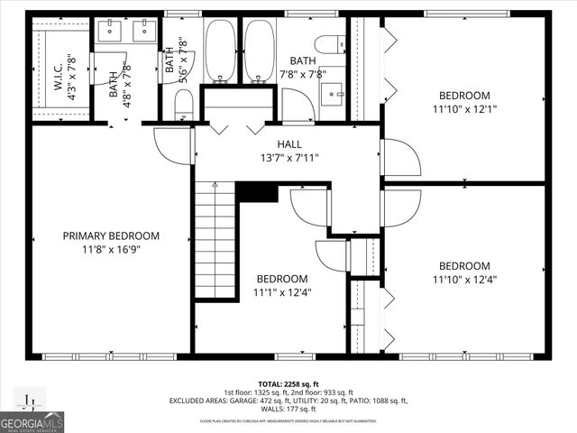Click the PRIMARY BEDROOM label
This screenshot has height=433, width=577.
pyautogui.click(x=111, y=235)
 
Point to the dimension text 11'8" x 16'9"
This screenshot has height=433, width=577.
pyautogui.click(x=111, y=249)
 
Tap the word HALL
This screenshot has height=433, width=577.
pyautogui.click(x=288, y=144)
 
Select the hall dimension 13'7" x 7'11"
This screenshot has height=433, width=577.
pyautogui.click(x=288, y=158)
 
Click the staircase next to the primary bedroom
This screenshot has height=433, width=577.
pyautogui.click(x=215, y=239)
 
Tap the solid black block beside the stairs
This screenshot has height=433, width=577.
pyautogui.click(x=257, y=192)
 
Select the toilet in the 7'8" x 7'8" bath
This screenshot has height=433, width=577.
pyautogui.click(x=331, y=43)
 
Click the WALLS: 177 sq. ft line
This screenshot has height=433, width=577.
pyautogui.click(x=288, y=410)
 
